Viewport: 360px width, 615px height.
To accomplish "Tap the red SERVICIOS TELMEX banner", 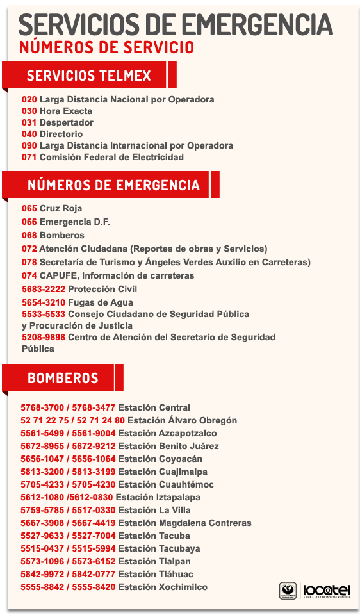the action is (89, 76).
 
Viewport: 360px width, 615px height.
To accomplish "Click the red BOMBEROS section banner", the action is (63, 378).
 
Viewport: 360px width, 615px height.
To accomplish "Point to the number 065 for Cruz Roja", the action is (29, 208).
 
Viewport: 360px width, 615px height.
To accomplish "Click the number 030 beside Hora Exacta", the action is (29, 111).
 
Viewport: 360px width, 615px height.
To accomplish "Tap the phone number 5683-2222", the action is (44, 289).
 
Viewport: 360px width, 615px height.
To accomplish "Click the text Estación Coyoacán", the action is (160, 459).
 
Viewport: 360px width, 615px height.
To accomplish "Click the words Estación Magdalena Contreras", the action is (184, 523).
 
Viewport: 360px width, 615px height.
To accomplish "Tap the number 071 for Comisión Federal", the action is (29, 157).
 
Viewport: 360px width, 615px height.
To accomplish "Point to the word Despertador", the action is (67, 122).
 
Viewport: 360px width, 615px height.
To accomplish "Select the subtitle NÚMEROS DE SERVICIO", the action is (106, 47).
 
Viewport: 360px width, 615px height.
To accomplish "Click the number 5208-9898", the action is (44, 337).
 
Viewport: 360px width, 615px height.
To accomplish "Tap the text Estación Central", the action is (154, 407).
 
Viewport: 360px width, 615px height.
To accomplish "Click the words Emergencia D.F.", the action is (75, 222).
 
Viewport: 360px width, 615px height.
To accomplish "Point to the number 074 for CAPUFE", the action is (29, 275).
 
